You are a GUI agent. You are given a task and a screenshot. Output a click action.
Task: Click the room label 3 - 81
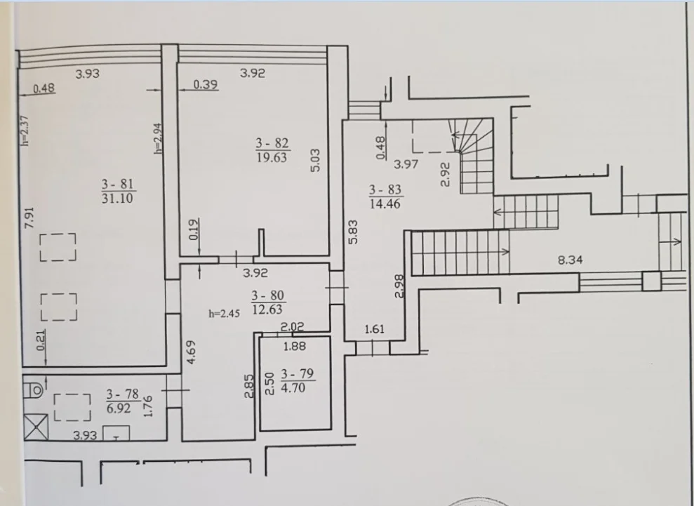click(117, 184)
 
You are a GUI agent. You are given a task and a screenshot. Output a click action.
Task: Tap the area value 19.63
click(272, 158)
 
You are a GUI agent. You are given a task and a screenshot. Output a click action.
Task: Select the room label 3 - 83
click(385, 190)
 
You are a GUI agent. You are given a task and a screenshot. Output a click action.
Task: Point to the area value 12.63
click(267, 309)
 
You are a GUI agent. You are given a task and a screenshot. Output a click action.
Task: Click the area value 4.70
click(293, 388)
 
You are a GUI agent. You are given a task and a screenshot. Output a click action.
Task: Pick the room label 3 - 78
click(123, 394)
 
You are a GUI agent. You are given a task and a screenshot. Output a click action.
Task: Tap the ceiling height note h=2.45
click(224, 314)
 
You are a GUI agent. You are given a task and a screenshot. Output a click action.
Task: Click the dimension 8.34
click(570, 260)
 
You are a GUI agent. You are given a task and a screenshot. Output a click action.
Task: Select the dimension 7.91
click(29, 218)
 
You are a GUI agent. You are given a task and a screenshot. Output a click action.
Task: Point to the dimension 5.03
click(314, 160)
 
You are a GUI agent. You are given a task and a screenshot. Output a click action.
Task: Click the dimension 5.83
click(353, 232)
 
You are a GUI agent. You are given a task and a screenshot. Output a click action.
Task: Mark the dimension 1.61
click(375, 329)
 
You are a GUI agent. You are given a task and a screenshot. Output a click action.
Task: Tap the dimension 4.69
click(191, 352)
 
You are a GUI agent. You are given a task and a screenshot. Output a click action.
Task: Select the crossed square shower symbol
click(36, 427)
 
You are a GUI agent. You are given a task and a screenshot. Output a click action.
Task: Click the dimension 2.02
click(292, 327)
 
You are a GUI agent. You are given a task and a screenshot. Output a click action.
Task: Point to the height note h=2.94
click(158, 138)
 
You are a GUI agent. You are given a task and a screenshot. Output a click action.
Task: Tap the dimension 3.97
click(406, 164)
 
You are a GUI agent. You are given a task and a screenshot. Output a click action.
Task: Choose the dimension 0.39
click(206, 84)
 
